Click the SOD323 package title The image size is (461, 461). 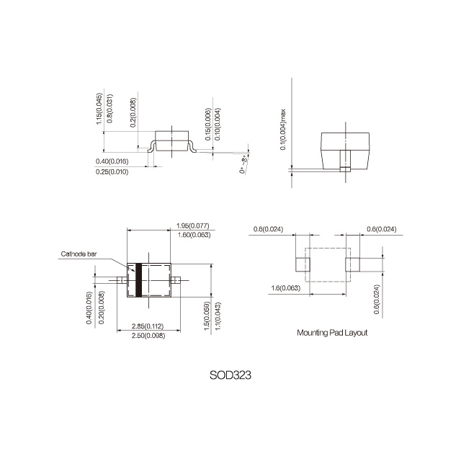coord(230,375)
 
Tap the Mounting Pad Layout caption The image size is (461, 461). coord(332,333)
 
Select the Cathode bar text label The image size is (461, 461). coord(79,254)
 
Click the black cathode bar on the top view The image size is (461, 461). coord(138,280)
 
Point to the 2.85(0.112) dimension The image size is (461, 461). coord(148,326)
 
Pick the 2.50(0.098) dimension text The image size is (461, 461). coord(148,336)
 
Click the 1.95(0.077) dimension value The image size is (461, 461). coord(193,225)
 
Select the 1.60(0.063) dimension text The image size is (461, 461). coord(194,235)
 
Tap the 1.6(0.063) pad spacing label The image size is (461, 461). coord(286,288)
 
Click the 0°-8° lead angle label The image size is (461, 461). coord(244,166)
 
